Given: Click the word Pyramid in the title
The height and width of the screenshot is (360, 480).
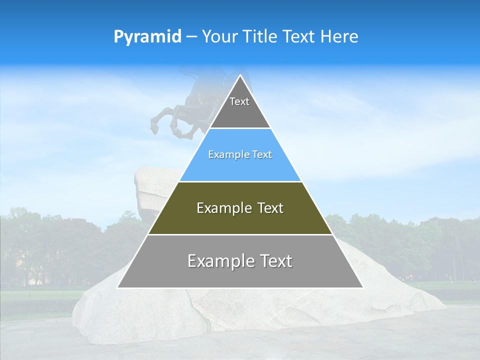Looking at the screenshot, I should coord(147,37).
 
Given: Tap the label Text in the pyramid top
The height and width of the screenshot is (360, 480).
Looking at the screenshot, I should coord(239,101).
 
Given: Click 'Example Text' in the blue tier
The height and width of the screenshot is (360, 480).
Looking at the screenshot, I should coord(240,154).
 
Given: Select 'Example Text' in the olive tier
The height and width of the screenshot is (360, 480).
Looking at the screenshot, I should coord(240,208).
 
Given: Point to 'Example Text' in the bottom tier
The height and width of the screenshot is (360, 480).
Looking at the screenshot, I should coord(240,261).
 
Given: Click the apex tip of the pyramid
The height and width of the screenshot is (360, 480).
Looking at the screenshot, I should coord(240,75).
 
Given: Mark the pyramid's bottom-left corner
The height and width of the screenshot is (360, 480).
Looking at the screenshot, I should coord(118,287).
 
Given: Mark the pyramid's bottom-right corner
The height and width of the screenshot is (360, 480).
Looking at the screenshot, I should coord(362,287).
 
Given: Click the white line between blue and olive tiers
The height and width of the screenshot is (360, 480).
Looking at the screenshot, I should coord(240,181).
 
